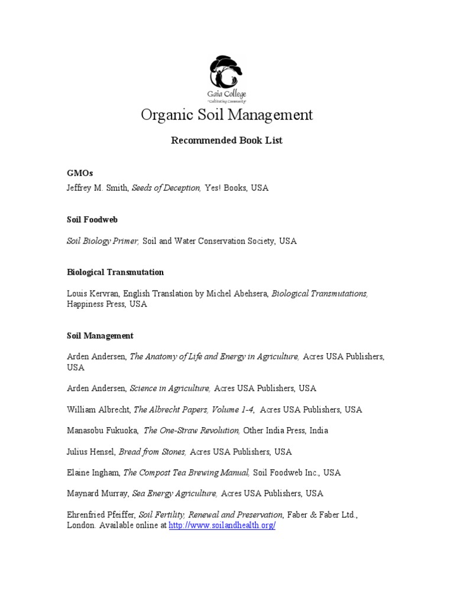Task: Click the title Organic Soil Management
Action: pos(226,115)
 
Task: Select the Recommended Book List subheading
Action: pos(226,141)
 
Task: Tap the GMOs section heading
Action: pos(80,173)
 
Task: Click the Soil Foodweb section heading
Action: pos(92,219)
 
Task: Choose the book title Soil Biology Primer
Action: pos(103,241)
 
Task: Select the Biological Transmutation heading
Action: pos(115,272)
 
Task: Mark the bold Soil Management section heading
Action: pos(100,336)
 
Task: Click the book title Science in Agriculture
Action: pos(170,388)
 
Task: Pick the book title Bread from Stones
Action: pos(153,452)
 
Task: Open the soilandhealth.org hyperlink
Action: pos(222,525)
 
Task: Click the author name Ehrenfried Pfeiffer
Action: pos(101,515)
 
